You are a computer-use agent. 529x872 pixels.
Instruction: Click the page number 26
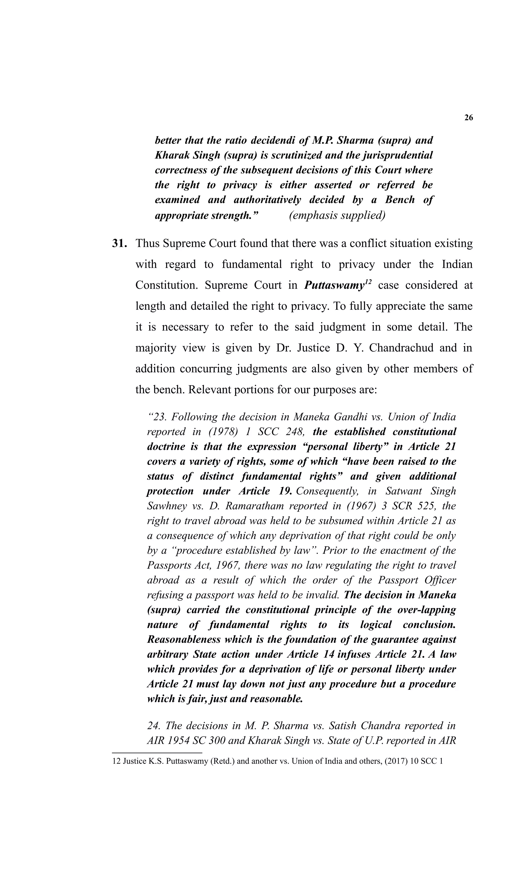tap(468, 118)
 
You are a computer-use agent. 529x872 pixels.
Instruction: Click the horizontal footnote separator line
tap(157, 753)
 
